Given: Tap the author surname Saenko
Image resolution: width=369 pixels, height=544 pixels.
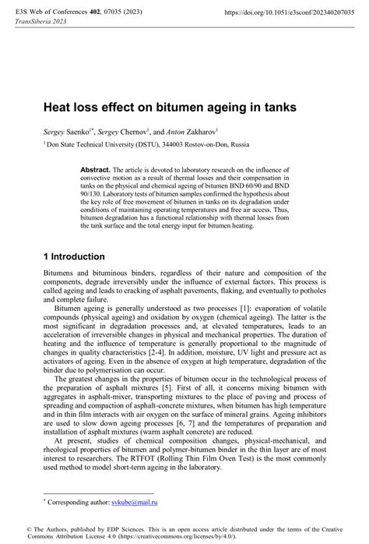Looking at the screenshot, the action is (85, 132).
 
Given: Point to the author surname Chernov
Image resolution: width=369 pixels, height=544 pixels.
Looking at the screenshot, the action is (139, 132).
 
